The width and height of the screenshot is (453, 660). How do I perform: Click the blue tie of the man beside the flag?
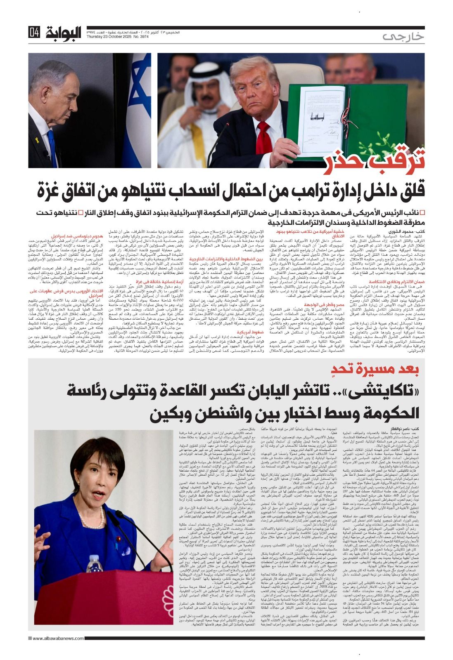52,148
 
